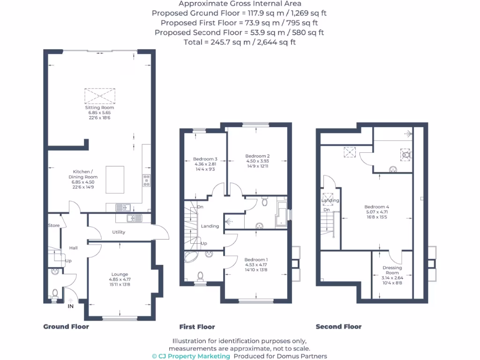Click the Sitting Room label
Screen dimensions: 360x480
99,107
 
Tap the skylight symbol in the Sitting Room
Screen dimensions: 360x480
99,96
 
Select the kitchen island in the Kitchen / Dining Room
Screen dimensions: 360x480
115,180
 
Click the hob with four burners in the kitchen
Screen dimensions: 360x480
146,180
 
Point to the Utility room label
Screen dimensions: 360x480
118,232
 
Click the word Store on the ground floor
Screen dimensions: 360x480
54,225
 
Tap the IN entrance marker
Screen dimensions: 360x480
71,306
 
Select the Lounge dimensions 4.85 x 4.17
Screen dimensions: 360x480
119,280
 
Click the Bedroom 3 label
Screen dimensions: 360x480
205,159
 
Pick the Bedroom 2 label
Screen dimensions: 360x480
257,156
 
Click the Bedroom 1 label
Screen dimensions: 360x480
256,259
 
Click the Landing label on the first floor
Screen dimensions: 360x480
210,226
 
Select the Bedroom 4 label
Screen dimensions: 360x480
377,207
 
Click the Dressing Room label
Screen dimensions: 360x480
392,270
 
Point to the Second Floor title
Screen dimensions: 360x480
338,327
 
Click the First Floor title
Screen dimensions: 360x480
197,327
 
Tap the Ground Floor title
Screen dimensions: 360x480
66,327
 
